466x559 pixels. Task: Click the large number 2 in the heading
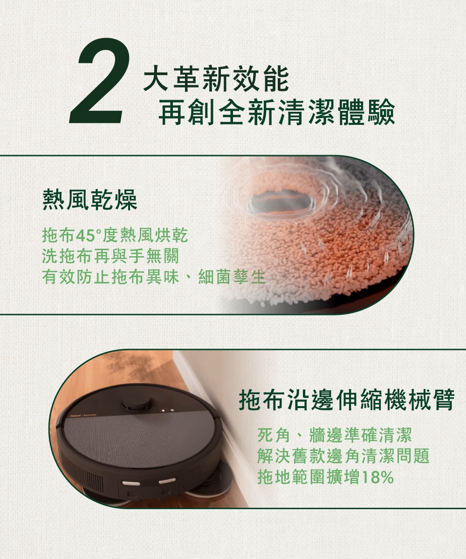pos(100,81)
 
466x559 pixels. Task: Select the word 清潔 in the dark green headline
pos(306,112)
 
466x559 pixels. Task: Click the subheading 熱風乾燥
pos(90,199)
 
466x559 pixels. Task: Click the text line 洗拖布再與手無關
pos(110,257)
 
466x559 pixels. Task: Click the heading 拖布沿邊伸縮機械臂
pos(347,400)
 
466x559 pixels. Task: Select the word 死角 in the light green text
pos(274,435)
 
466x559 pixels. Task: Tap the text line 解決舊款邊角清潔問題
pos(343,456)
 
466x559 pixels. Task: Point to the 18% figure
pos(377,477)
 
